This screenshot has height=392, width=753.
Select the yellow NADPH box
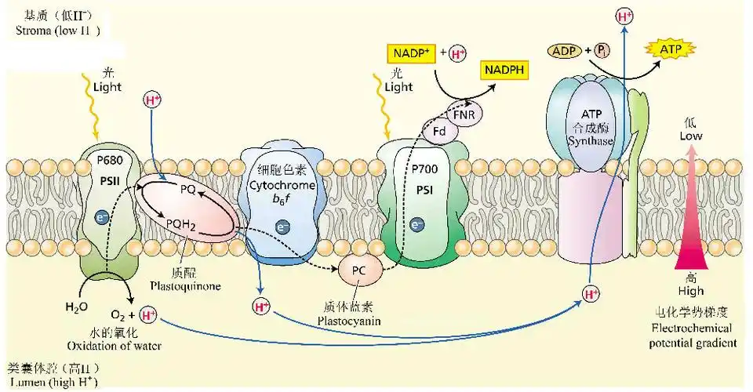click(504, 70)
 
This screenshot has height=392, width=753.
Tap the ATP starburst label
click(671, 50)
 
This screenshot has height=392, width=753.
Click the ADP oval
click(563, 51)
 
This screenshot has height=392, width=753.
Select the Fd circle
click(440, 131)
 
